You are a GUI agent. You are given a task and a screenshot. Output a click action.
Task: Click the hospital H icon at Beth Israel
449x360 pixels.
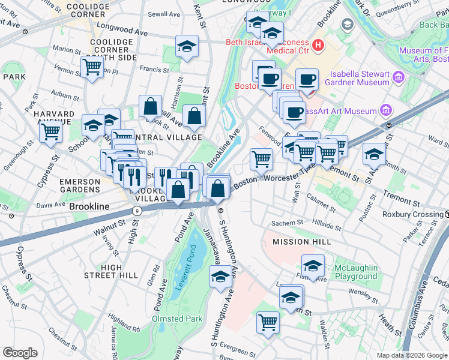coord(318,44)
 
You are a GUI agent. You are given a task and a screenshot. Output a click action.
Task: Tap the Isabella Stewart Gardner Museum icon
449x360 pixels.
coord(397,77)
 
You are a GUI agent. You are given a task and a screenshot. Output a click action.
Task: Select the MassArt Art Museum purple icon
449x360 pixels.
coord(385,110)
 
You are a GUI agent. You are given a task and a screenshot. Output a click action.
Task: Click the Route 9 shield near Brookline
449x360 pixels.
coord(137,211)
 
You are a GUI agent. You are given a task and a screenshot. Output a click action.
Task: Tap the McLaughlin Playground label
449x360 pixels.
coord(356,272)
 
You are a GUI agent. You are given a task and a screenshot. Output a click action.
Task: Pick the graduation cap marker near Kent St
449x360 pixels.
coord(187,46)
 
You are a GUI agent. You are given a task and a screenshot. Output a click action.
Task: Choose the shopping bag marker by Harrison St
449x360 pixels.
coord(150,106)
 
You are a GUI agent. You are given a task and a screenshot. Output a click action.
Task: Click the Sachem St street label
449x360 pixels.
coord(288,223)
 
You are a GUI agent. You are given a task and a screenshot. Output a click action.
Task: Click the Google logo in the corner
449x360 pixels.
coord(20,353)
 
